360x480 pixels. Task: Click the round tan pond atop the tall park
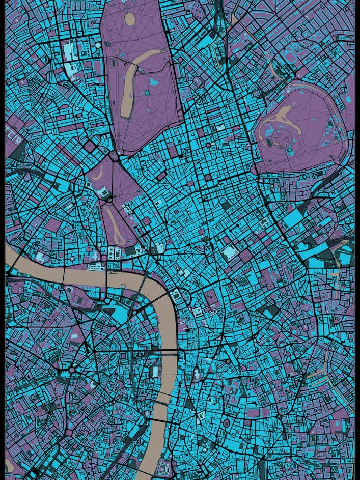click(130, 19)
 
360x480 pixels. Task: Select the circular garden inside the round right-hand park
click(281, 137)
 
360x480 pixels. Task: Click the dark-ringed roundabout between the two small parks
click(109, 200)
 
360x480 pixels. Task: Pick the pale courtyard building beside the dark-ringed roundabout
click(102, 192)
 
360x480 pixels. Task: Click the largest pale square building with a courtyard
click(229, 252)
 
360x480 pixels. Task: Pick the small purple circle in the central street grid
click(208, 178)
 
